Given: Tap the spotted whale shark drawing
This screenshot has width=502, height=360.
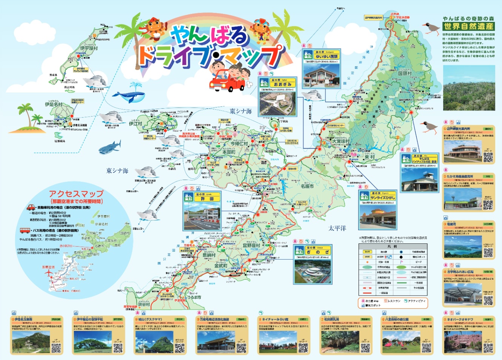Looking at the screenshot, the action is [110, 146].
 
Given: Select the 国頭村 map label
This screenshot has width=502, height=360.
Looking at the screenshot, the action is [405, 74].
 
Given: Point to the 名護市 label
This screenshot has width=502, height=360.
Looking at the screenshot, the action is [307, 186].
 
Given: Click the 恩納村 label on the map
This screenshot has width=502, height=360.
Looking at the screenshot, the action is [209, 255].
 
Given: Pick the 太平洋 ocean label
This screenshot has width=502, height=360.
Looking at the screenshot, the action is [337, 228].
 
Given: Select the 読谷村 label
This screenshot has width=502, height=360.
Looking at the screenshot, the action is [143, 305].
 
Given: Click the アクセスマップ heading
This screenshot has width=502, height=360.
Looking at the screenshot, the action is [76, 194].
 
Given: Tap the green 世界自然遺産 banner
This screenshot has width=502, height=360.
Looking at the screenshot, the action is [468, 26].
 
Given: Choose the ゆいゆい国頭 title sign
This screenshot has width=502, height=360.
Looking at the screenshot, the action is [326, 57].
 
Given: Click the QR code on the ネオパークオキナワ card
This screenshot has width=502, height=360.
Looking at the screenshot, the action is [488, 348].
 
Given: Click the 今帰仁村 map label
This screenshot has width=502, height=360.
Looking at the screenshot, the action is [239, 143].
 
